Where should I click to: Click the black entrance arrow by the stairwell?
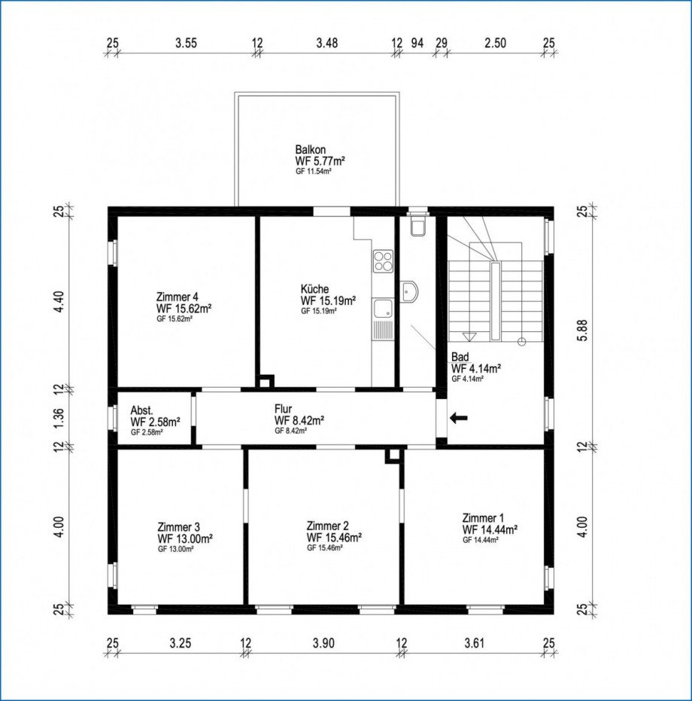[458, 419]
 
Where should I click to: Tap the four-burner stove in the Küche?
[384, 261]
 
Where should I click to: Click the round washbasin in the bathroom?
[408, 292]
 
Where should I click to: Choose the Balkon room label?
[310, 149]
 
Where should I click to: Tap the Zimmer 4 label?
[178, 297]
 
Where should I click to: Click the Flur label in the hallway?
[284, 409]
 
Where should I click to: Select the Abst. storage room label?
[141, 410]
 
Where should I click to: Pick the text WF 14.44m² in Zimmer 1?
[490, 529]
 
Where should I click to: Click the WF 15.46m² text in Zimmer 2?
[334, 537]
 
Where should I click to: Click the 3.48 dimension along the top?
[327, 43]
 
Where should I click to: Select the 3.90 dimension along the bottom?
[323, 643]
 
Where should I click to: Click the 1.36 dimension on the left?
[59, 418]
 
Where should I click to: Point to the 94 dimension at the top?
[417, 43]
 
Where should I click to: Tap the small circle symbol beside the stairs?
[521, 342]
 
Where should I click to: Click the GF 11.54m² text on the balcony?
[313, 171]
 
